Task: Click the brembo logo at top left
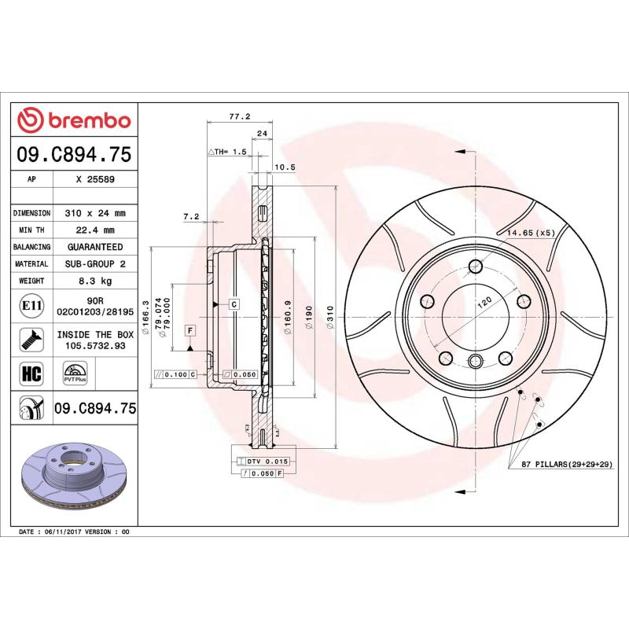click(74, 120)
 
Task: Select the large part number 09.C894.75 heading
click(74, 154)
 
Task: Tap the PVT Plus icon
click(75, 373)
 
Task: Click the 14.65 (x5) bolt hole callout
click(531, 234)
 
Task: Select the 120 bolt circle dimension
click(484, 301)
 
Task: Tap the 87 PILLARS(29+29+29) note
click(565, 465)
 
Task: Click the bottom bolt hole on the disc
click(474, 361)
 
